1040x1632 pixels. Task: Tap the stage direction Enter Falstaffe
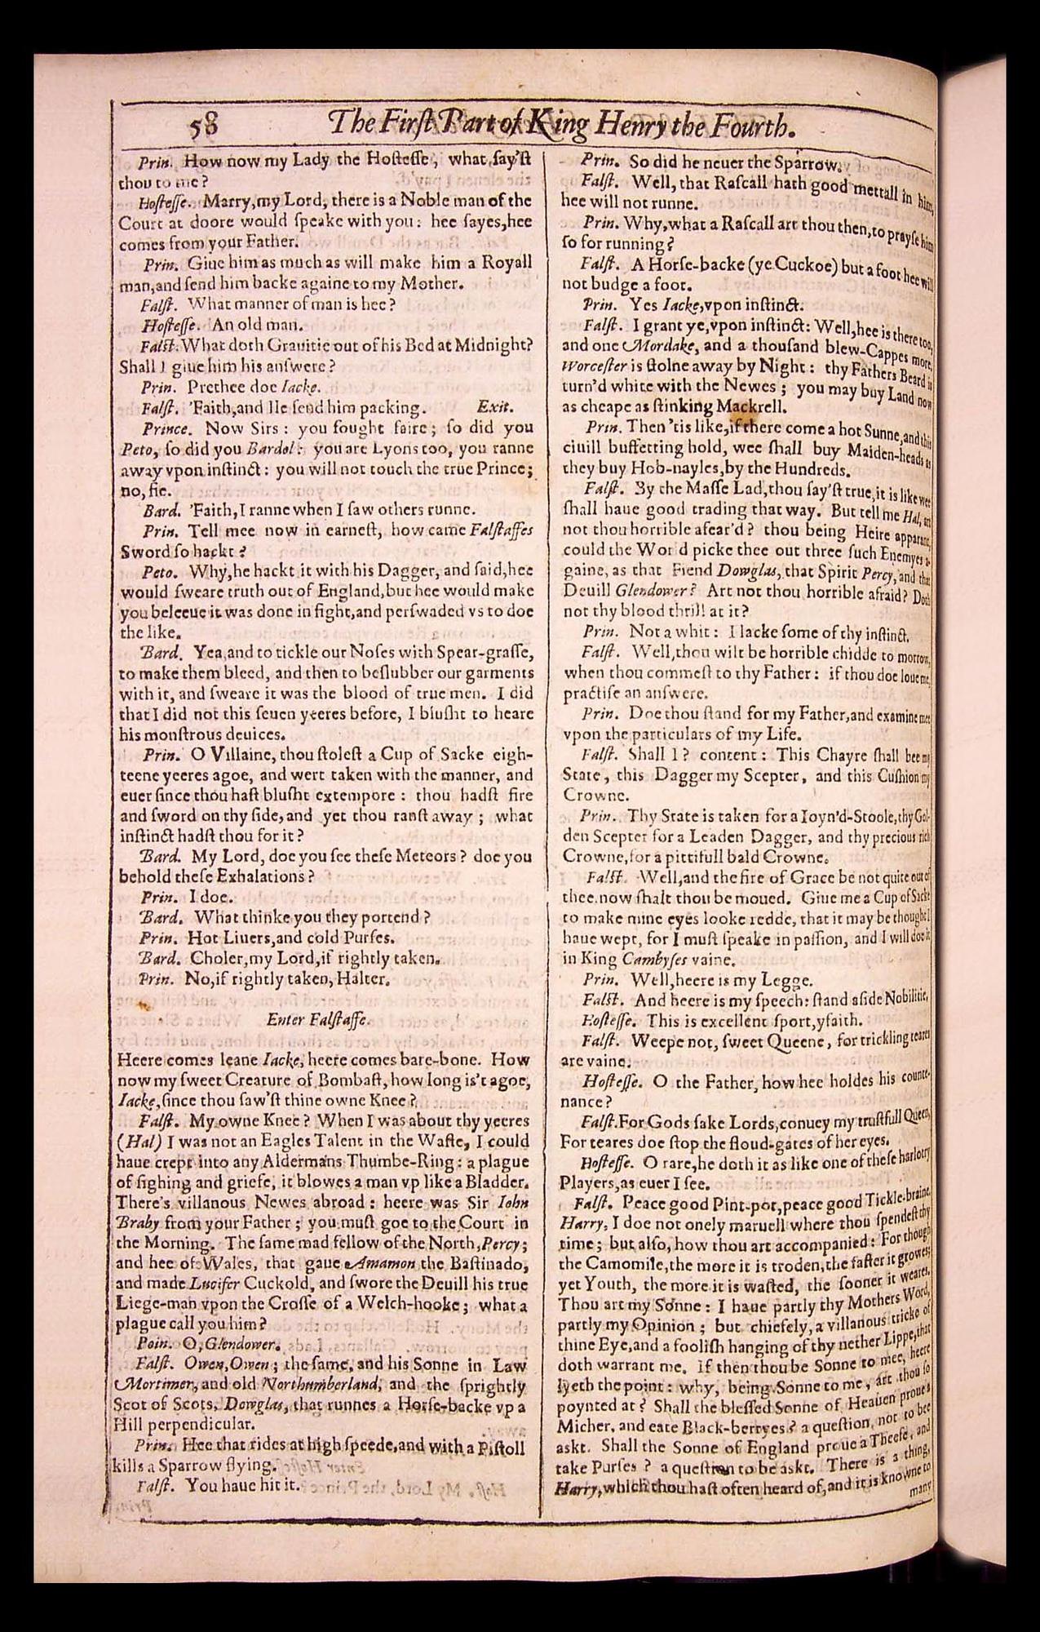(317, 1018)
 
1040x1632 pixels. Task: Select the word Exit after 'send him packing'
(494, 406)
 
